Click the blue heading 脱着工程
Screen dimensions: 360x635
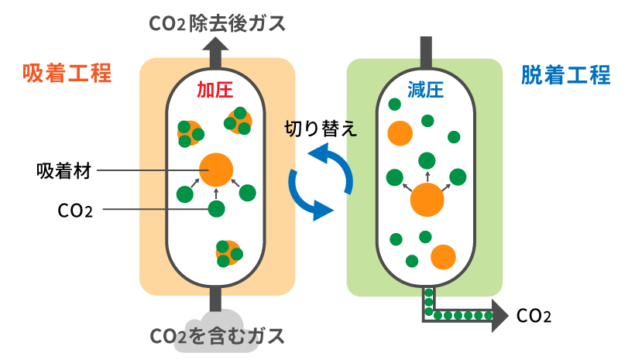tap(566, 75)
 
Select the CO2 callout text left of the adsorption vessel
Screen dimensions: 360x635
tap(76, 210)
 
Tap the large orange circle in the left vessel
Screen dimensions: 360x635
tap(216, 168)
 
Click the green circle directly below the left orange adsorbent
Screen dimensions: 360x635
tap(216, 208)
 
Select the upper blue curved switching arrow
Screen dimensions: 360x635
tap(332, 163)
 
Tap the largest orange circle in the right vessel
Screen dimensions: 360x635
tap(427, 200)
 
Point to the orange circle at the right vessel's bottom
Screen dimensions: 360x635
tap(443, 256)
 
